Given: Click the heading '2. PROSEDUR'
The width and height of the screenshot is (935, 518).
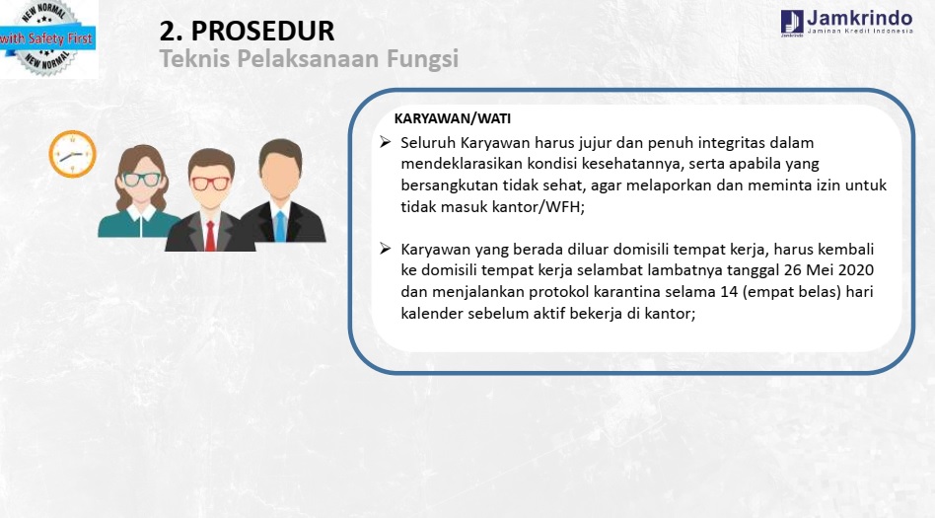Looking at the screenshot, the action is (x=247, y=31).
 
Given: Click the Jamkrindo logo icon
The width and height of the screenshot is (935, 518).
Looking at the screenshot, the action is (x=792, y=22).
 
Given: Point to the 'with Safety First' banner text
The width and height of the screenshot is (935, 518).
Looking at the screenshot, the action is (x=46, y=38).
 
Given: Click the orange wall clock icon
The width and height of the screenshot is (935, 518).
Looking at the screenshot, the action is (x=72, y=154).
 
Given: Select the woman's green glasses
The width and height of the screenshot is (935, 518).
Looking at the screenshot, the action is (x=142, y=179).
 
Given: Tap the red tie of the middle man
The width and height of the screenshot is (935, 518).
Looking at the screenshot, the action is (x=210, y=236).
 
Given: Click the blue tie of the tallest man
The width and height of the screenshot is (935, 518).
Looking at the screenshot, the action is (x=280, y=226).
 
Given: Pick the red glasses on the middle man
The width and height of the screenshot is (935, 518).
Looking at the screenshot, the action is (x=210, y=184).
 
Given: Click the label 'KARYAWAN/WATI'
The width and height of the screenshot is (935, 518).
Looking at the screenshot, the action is (x=453, y=118).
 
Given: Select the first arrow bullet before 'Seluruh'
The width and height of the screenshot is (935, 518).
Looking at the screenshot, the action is (x=386, y=142).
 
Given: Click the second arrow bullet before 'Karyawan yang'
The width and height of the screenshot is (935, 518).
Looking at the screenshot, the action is (x=386, y=249).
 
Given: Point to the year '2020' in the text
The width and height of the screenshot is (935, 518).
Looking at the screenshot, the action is (x=856, y=269).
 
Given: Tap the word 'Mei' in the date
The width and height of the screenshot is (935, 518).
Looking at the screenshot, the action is (x=819, y=269).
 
